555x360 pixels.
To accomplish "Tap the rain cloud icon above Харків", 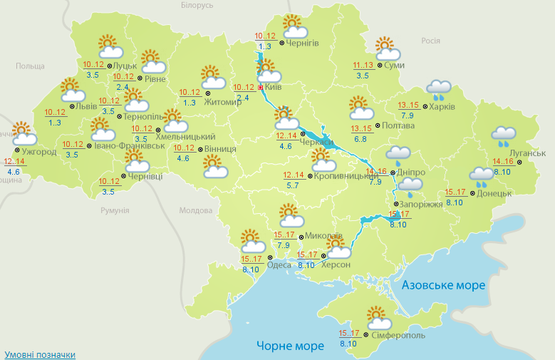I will point(439,88).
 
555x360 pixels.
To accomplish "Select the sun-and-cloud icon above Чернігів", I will point(294,26).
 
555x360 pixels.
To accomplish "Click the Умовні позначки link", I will point(39,354).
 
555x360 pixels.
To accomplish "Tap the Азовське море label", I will point(443,285).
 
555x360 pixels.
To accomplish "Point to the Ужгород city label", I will point(39,152).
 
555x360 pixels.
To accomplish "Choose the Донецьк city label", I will point(494,193).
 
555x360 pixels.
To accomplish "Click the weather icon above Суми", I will point(387,49).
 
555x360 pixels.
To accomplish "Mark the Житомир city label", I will point(224,101).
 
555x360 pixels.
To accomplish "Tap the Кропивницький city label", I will point(340,175).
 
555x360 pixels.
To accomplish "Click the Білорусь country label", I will point(197,5).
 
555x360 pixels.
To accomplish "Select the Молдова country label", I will point(196,210).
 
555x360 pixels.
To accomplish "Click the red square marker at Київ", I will point(260,88).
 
